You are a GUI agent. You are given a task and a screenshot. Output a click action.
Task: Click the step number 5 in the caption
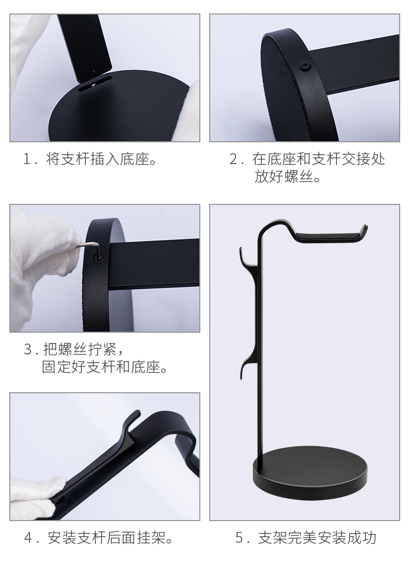click(x=240, y=538)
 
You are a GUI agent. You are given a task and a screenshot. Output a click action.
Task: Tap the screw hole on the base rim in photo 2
click(x=304, y=66)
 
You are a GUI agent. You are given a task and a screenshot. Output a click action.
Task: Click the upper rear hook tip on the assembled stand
click(x=241, y=249)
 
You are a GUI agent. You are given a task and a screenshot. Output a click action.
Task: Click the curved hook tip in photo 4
click(x=137, y=412)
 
